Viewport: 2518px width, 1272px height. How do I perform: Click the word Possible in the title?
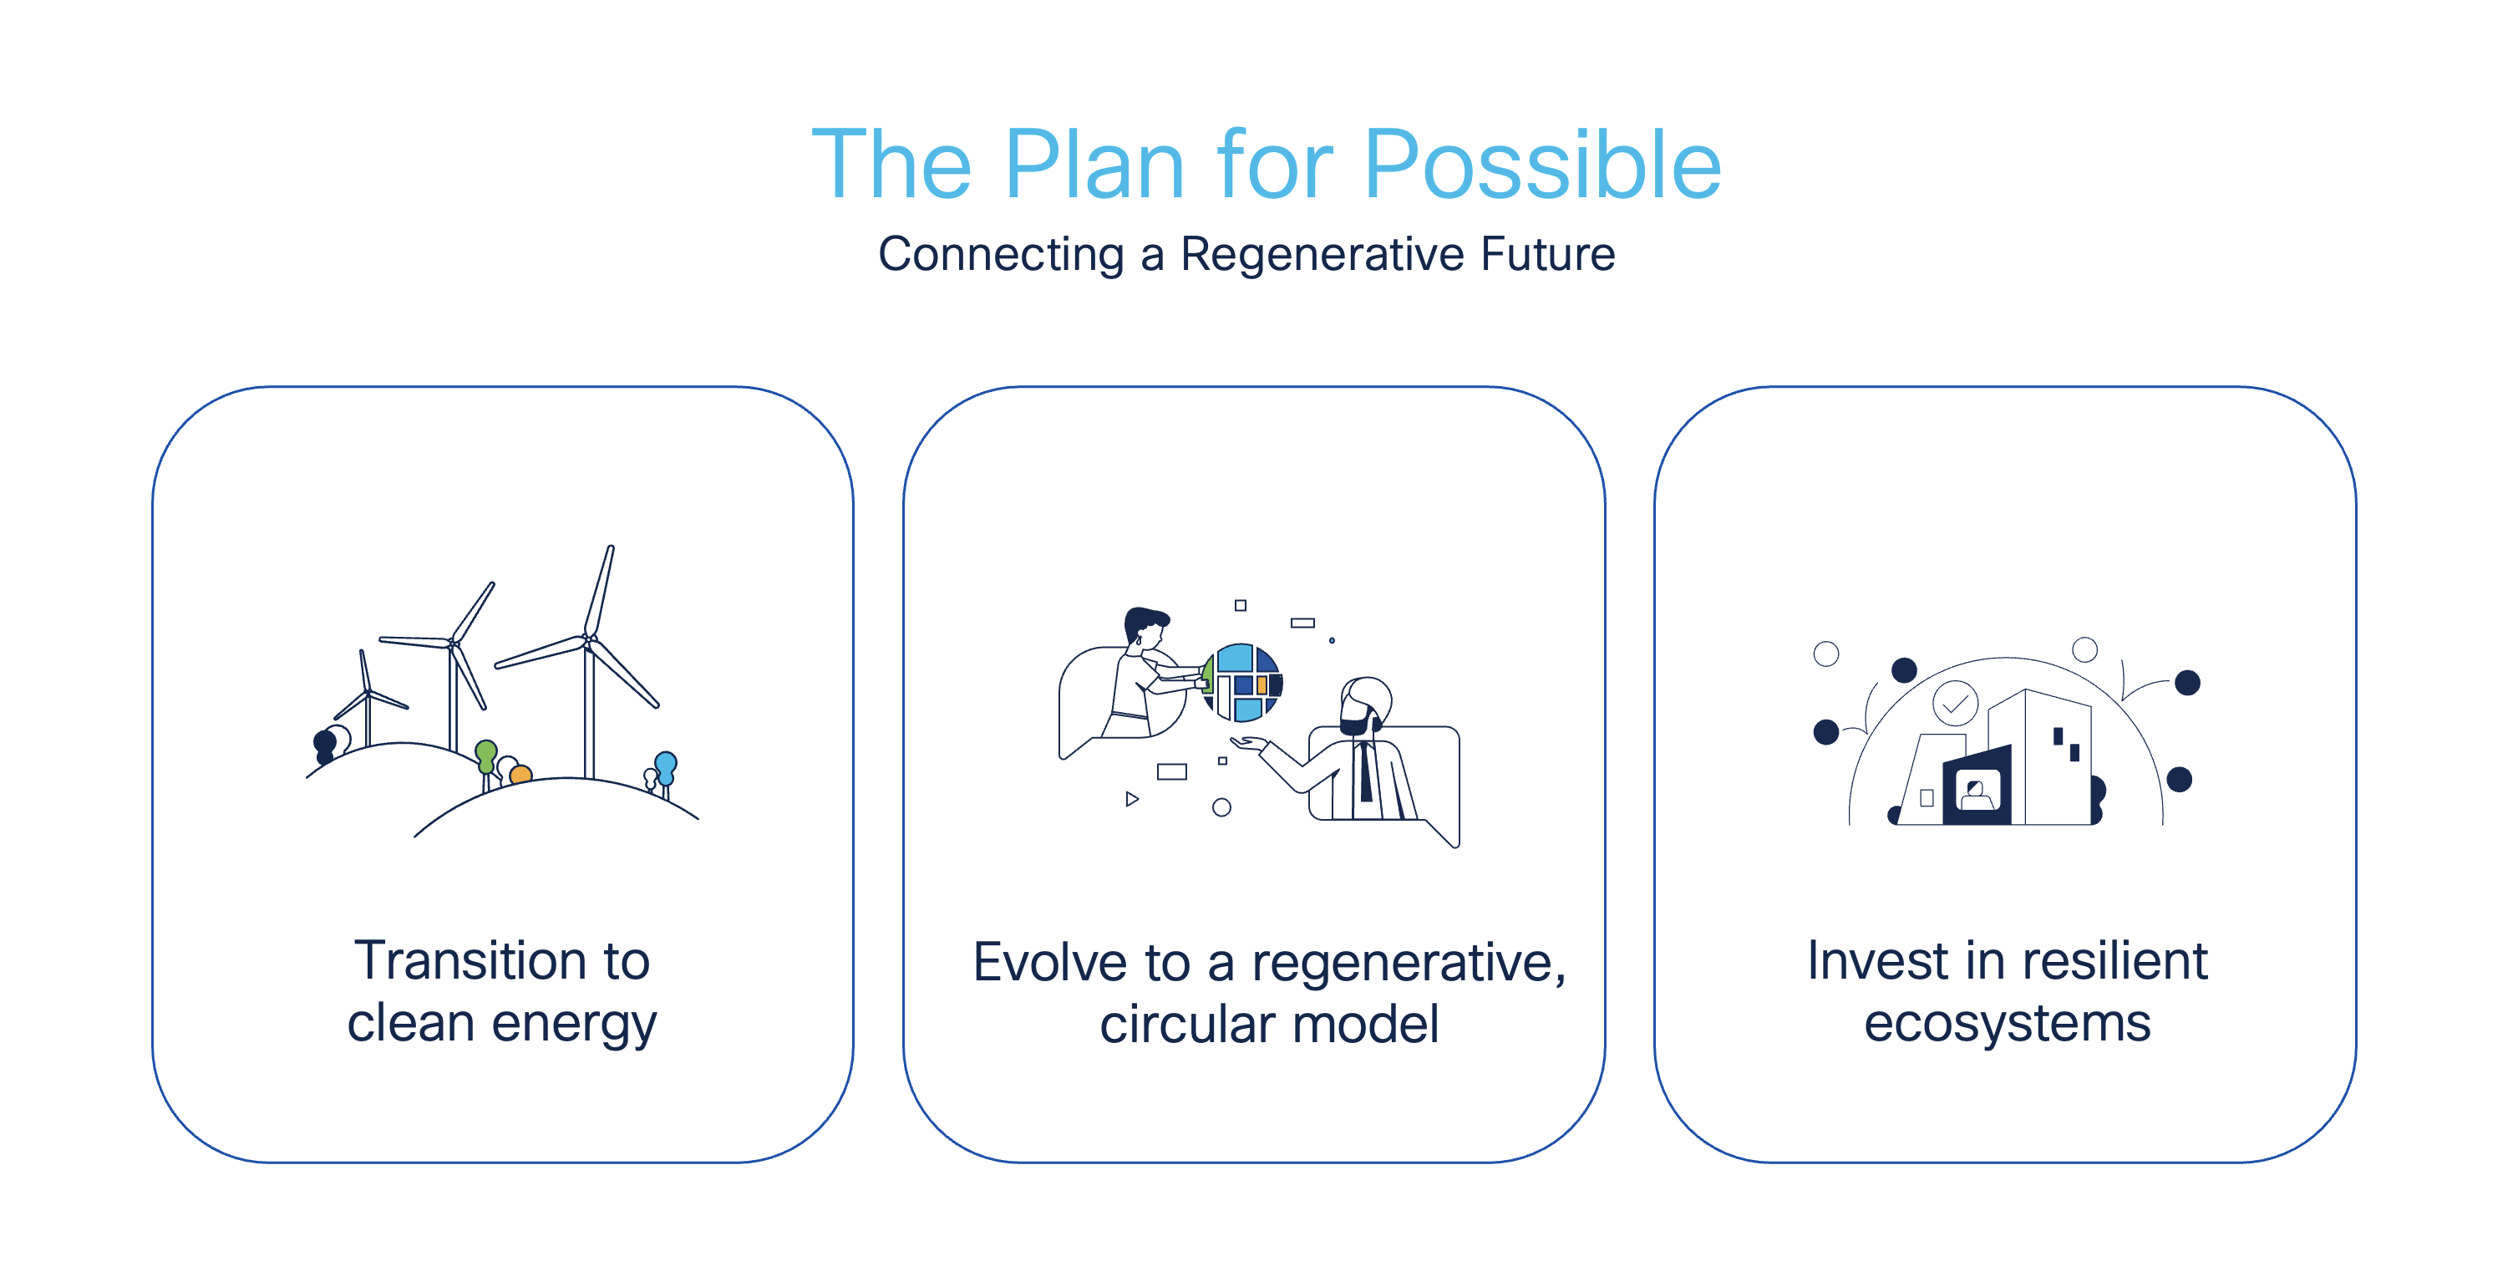(1541, 166)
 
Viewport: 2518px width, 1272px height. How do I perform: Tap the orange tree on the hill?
(521, 775)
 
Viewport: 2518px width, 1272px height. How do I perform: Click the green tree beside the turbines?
(486, 754)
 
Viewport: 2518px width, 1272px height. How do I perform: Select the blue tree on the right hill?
(666, 766)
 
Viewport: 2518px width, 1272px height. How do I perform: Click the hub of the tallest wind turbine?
(587, 641)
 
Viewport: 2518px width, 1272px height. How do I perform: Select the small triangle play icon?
(1131, 799)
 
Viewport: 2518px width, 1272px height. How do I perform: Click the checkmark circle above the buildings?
(1955, 703)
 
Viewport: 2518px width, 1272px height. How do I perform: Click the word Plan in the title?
(1094, 166)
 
